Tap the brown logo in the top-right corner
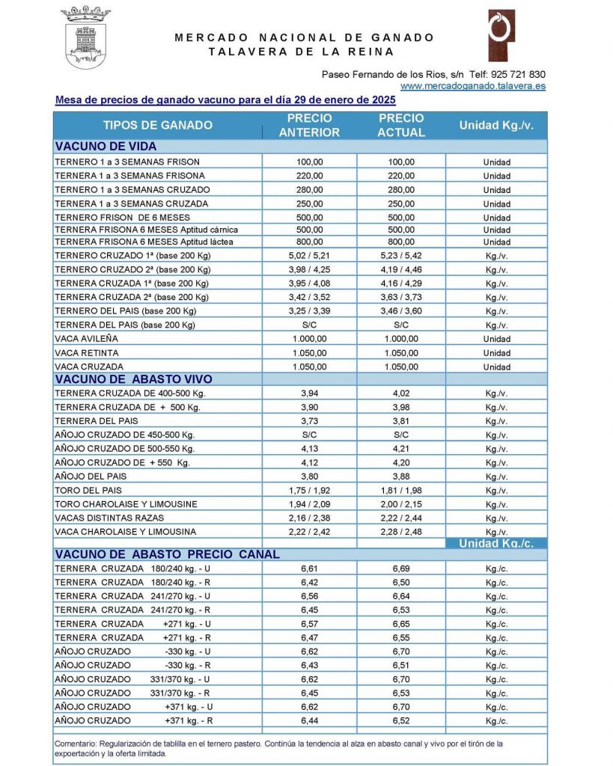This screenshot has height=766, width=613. [x=501, y=35]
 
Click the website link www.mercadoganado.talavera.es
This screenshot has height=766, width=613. [x=473, y=86]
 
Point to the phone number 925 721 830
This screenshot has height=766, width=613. [x=518, y=75]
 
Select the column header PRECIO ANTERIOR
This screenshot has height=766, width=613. [x=309, y=125]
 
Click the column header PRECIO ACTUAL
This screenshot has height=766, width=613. [x=401, y=125]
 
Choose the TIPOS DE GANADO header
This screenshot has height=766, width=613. [x=158, y=125]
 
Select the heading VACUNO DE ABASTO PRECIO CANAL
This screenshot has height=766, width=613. [x=168, y=554]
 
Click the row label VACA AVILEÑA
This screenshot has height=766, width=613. [x=87, y=339]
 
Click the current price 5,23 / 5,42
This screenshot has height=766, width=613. [x=401, y=254]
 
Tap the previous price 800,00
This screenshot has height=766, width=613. [x=309, y=242]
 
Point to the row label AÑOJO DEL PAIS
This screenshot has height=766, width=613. [x=91, y=477]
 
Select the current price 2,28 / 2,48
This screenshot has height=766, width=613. [x=401, y=532]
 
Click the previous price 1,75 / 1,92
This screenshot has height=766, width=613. [x=309, y=491]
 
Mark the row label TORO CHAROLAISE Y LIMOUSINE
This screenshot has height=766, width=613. [x=126, y=504]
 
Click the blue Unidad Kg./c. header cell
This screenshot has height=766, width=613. [x=496, y=544]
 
